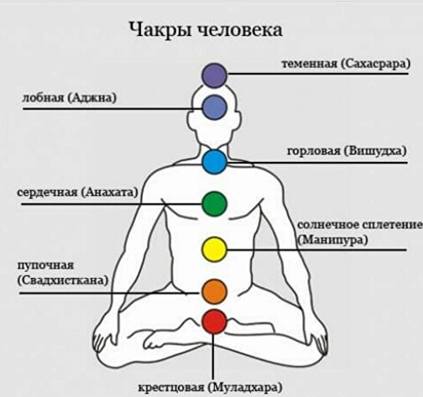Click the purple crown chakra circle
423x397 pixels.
(215, 76)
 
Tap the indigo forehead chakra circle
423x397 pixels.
(215, 107)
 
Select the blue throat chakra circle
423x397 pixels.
(214, 162)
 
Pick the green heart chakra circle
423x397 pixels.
(214, 204)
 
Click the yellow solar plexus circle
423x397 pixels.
(214, 249)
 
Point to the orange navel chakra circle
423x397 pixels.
(214, 291)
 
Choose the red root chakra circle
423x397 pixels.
(214, 321)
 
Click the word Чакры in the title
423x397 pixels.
(160, 29)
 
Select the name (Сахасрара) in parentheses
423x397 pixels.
(375, 64)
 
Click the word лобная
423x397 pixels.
(43, 98)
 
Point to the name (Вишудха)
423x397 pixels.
(375, 151)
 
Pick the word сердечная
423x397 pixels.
(47, 192)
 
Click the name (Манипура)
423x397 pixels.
(332, 240)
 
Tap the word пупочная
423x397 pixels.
(45, 265)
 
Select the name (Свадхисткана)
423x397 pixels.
(63, 280)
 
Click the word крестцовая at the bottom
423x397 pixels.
(171, 388)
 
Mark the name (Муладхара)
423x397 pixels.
(245, 388)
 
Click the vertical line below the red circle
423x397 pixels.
(213, 357)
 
